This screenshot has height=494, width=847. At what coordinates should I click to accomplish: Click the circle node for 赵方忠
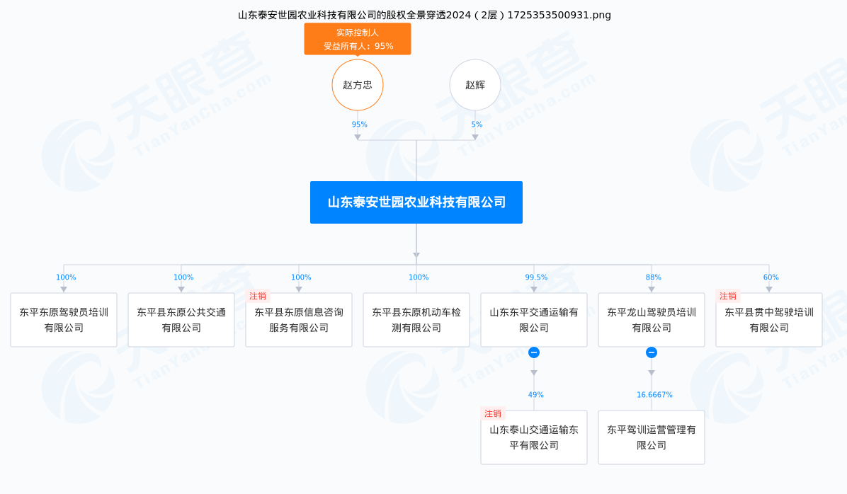358,85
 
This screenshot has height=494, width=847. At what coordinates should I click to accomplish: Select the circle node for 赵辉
475,85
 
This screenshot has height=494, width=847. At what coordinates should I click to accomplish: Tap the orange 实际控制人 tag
358,39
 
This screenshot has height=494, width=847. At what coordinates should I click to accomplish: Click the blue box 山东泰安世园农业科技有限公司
416,202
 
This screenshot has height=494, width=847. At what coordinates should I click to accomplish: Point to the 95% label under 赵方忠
359,124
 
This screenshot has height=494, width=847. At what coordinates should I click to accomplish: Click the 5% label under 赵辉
477,124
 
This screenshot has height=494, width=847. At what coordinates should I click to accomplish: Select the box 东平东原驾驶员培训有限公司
64,320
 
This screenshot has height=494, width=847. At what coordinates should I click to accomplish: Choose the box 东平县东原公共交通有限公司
181,320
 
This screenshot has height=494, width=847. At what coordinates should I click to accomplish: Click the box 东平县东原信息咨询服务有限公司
299,320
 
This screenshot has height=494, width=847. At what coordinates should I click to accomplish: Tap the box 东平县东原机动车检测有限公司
416,320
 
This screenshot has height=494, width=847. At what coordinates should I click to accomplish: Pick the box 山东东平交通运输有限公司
534,320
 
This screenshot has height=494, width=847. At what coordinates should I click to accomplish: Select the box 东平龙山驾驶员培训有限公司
652,320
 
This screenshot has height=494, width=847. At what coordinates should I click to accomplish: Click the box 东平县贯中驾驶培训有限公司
769,320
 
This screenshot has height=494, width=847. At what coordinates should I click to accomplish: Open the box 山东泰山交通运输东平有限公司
534,437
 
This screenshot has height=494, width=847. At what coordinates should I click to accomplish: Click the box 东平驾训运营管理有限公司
652,437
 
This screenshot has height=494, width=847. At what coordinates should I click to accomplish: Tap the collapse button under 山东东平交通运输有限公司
534,352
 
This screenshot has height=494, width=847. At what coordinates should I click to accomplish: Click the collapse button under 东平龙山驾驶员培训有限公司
652,352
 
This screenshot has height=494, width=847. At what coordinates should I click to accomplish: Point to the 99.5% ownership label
536,277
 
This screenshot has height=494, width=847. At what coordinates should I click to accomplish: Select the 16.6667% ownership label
654,395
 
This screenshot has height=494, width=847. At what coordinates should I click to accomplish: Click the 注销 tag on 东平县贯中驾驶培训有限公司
727,296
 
